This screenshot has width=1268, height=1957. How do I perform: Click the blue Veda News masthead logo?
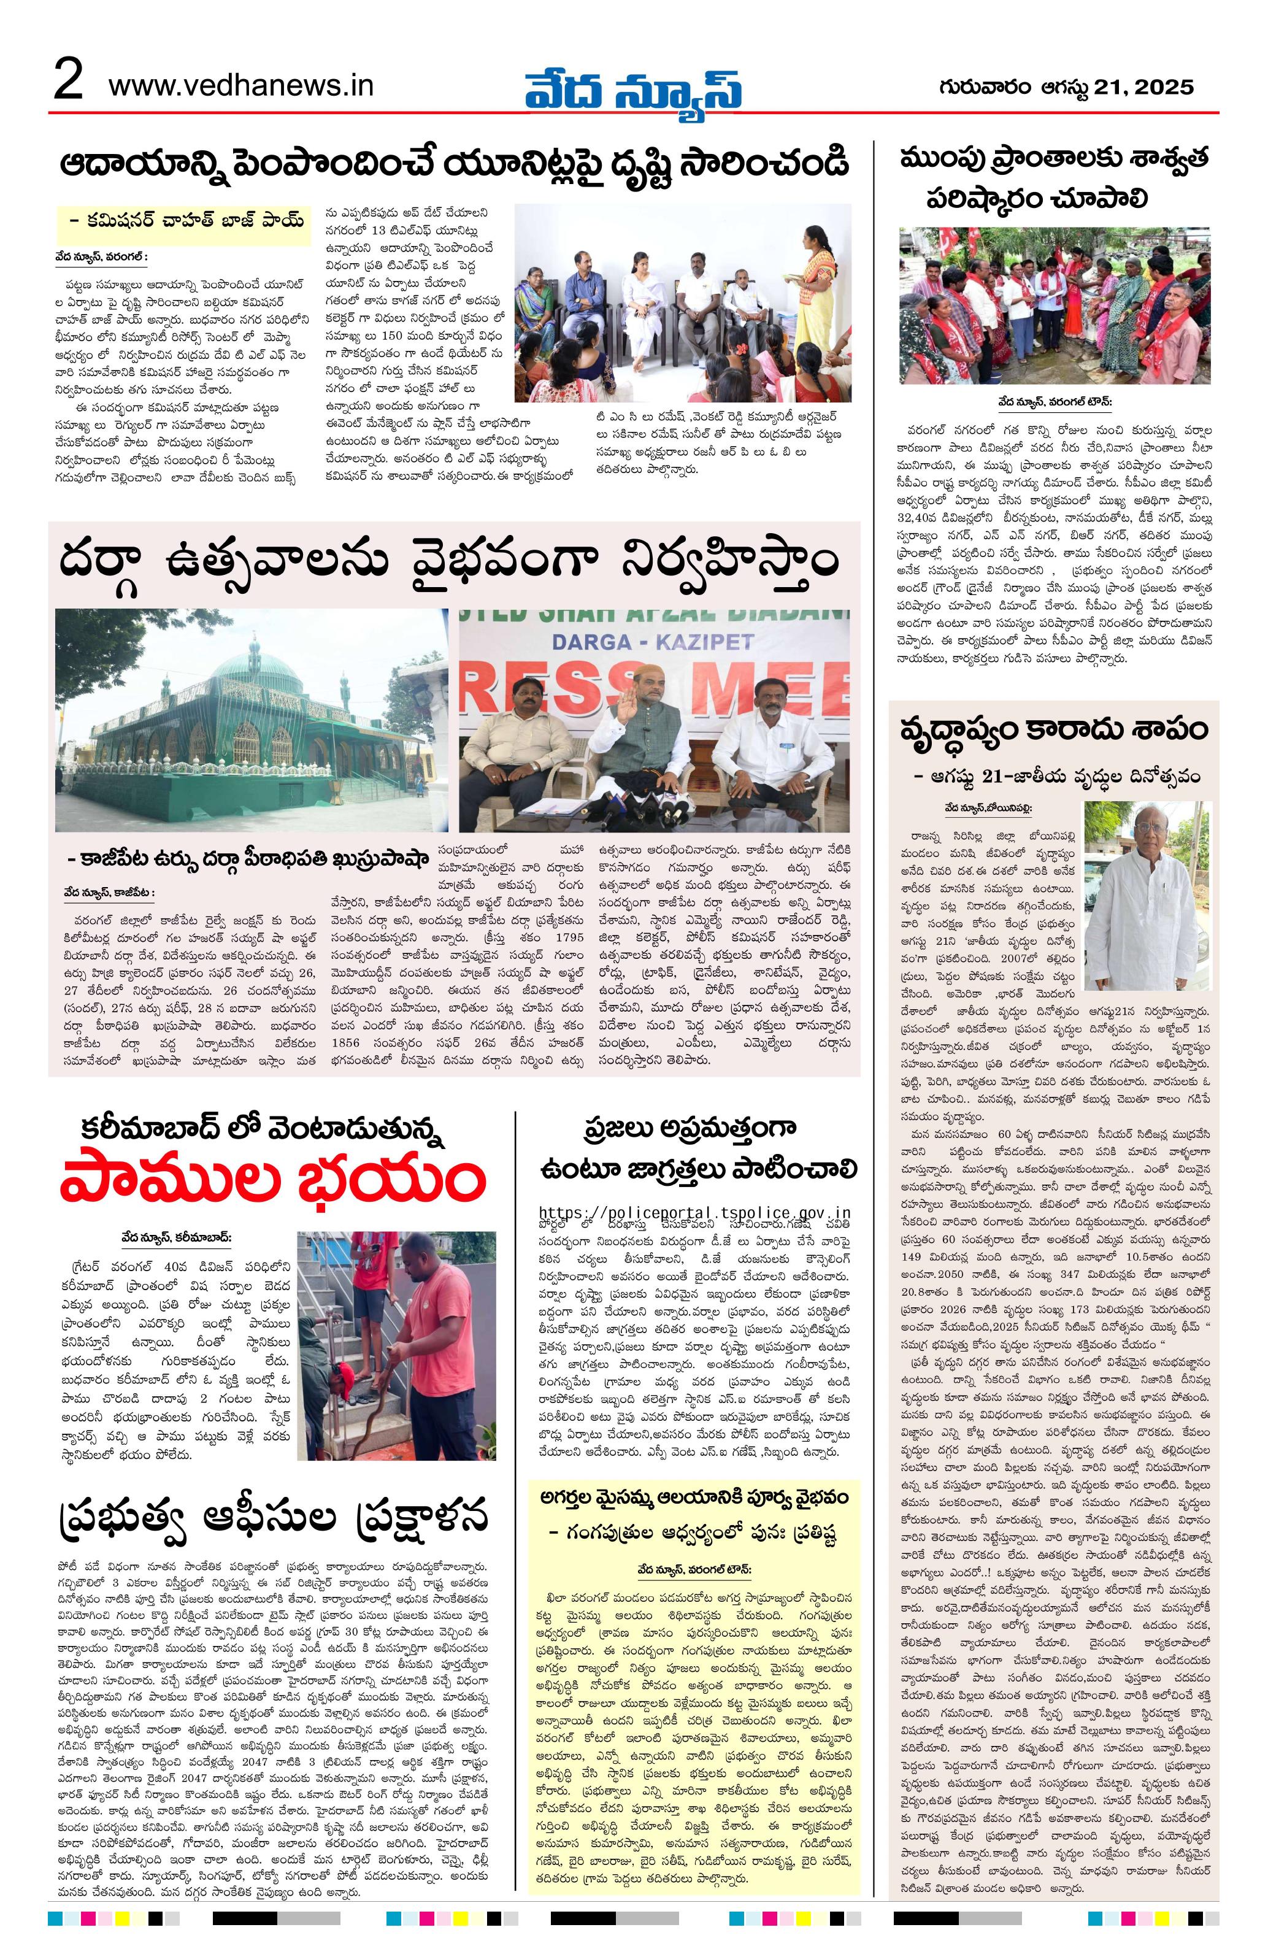(x=633, y=85)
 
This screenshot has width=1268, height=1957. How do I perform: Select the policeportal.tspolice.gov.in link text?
(x=695, y=1212)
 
